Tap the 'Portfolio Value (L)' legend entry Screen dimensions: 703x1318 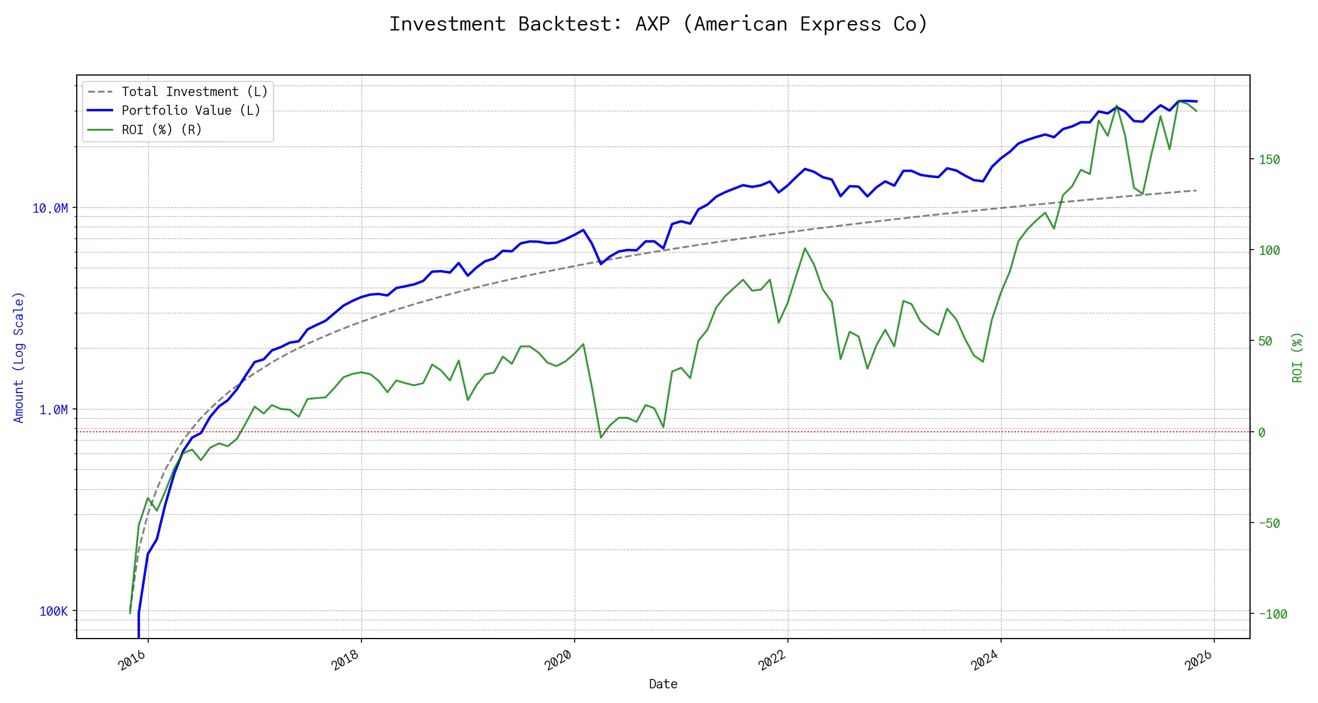click(x=191, y=111)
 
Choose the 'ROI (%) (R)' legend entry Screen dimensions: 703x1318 click(x=162, y=130)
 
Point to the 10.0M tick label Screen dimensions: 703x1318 click(x=50, y=209)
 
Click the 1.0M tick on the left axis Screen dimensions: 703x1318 click(x=53, y=410)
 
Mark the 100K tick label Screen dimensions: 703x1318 click(x=53, y=612)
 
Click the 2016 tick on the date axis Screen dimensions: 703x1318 click(x=132, y=660)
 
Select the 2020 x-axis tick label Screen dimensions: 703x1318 click(x=558, y=660)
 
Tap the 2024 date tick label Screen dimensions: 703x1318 click(x=985, y=660)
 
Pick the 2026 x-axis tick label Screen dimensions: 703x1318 click(x=1199, y=660)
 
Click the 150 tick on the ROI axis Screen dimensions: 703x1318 click(x=1269, y=160)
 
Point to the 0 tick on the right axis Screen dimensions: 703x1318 click(x=1262, y=433)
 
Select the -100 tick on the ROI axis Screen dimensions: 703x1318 click(x=1273, y=615)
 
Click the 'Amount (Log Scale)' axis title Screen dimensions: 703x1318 click(x=19, y=357)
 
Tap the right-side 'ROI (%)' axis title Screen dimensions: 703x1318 click(x=1297, y=357)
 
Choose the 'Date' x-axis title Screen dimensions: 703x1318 click(x=663, y=684)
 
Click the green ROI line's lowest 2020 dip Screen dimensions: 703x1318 click(x=601, y=438)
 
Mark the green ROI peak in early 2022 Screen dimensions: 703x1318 click(x=805, y=248)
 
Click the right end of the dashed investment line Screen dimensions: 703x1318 click(x=1196, y=190)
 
